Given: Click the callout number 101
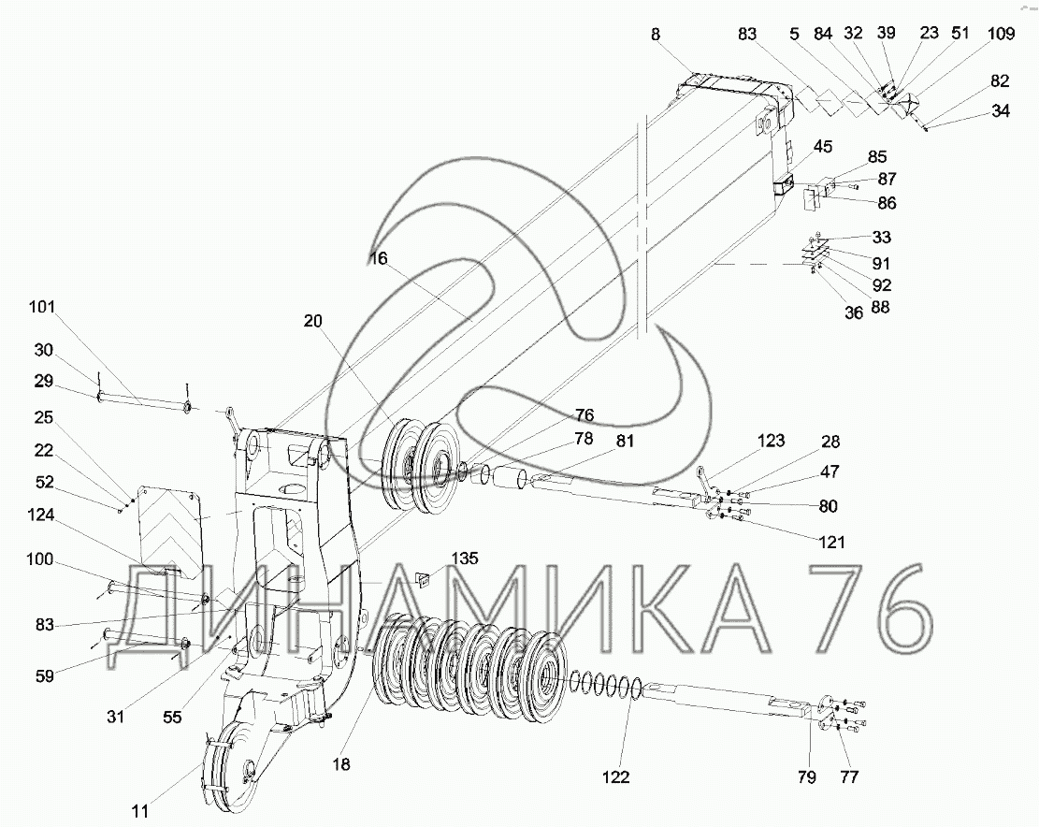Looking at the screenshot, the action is coord(42,308).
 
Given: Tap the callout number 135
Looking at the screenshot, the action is coord(465,559).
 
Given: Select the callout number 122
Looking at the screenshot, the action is coord(615,776).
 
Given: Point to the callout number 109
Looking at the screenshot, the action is coord(1001,33).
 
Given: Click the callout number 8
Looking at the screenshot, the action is coord(656,35).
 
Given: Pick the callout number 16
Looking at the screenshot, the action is coord(379,258).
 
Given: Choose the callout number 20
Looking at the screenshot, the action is coord(313,322).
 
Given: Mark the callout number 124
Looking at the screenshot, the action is coord(41,515).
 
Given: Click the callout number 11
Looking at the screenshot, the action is coord(140,811).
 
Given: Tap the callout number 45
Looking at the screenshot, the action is coord(823,147).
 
